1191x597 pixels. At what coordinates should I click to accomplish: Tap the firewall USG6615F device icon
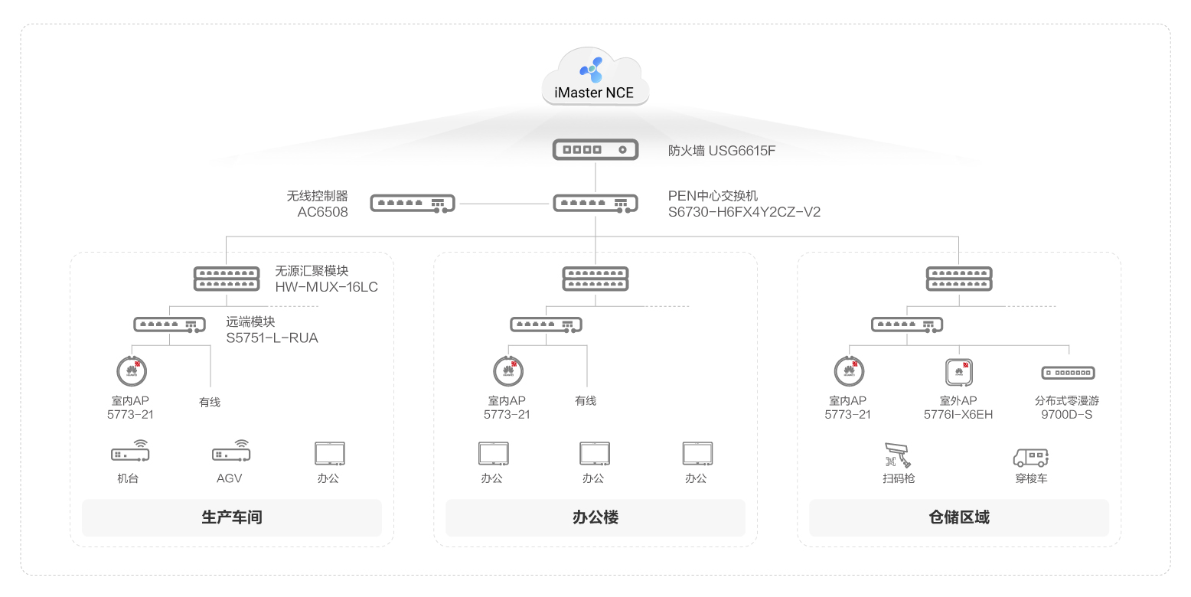click(x=595, y=150)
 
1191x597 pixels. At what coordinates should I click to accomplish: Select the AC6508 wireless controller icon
click(x=412, y=204)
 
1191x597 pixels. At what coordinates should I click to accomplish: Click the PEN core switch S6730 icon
click(x=595, y=204)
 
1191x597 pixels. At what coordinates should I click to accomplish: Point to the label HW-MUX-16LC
click(x=326, y=287)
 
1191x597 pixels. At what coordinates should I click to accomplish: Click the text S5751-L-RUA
click(x=272, y=338)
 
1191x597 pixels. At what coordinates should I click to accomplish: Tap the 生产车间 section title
click(x=231, y=517)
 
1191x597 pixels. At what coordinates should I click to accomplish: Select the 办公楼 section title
click(x=595, y=517)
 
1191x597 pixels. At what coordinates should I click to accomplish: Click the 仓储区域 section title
click(x=958, y=517)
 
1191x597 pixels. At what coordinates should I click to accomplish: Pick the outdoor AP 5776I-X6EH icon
click(x=958, y=373)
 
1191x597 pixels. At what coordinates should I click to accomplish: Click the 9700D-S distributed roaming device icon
click(x=1067, y=374)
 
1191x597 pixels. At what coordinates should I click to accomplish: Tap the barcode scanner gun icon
click(x=899, y=455)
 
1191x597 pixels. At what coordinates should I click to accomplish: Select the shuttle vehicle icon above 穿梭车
click(x=1030, y=457)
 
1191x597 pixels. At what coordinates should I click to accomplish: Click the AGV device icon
click(x=231, y=453)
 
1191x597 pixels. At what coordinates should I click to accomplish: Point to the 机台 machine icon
click(x=130, y=453)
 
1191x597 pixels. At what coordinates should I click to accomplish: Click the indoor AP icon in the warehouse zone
click(x=848, y=372)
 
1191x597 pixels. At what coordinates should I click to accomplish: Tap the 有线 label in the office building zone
click(x=586, y=401)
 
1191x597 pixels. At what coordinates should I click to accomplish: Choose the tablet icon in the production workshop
click(x=329, y=454)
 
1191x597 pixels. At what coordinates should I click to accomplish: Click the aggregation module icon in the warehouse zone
click(x=958, y=278)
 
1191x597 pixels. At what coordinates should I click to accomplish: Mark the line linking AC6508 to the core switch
click(x=504, y=204)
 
